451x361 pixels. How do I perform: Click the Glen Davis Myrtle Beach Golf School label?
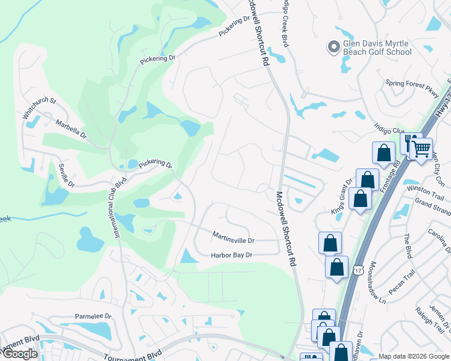point(377,48)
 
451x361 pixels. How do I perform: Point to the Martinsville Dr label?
point(233,236)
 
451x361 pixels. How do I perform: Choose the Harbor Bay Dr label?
point(231,255)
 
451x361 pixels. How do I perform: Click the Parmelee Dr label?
point(93,316)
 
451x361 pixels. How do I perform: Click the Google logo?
point(20,354)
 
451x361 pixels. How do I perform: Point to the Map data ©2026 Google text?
point(413,356)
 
